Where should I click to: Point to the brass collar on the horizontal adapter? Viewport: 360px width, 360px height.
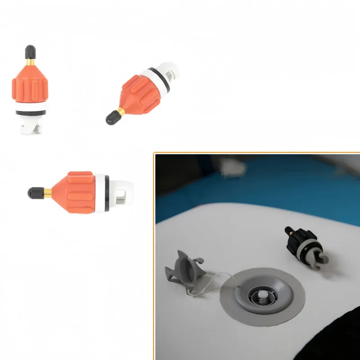pos(46,193)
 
